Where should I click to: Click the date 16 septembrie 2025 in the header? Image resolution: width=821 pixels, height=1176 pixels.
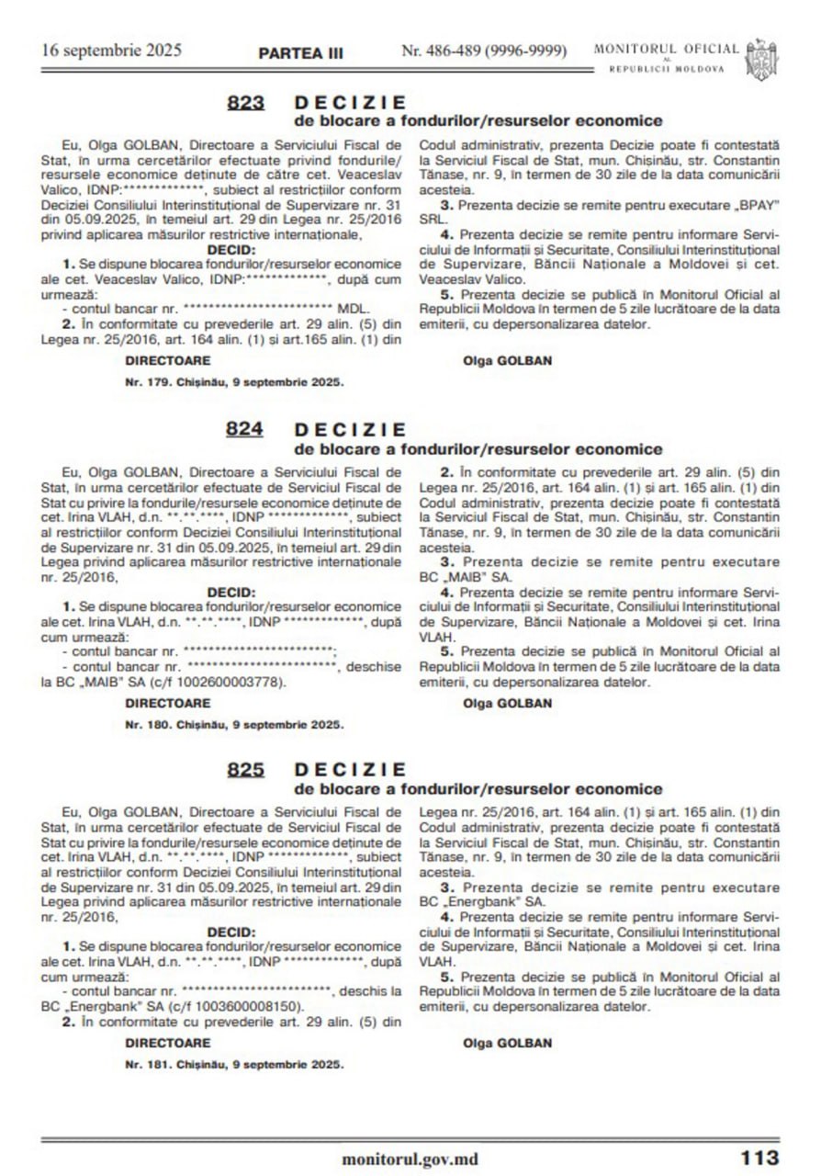[111, 50]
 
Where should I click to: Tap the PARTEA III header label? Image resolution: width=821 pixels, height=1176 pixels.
[301, 52]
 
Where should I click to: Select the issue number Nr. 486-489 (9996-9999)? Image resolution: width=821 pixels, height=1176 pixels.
[484, 51]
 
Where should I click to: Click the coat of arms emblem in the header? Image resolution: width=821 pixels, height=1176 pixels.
[762, 58]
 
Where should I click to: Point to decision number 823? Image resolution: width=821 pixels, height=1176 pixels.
[245, 103]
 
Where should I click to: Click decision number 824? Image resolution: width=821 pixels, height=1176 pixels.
[245, 430]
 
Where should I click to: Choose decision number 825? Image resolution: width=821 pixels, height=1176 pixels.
[245, 770]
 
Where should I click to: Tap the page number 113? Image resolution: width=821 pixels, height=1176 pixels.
[759, 1158]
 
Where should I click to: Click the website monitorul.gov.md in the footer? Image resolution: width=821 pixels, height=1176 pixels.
[410, 1159]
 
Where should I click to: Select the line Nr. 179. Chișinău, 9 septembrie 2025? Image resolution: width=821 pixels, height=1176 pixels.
[234, 380]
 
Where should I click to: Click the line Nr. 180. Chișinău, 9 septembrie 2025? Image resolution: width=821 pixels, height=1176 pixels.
[234, 724]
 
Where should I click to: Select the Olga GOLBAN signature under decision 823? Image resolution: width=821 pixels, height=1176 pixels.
[508, 361]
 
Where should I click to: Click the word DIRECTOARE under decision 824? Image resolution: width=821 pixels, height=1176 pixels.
[168, 703]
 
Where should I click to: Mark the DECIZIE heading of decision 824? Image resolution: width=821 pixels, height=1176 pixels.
[350, 430]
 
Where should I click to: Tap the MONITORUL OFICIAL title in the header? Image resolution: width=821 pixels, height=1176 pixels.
[666, 49]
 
